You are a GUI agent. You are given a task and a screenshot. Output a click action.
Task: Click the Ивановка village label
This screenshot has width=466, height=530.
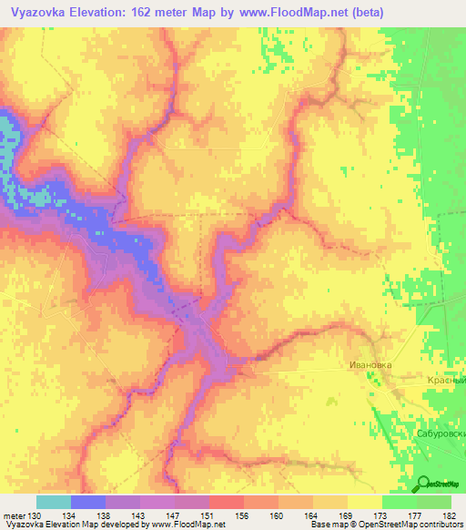pyautogui.click(x=370, y=364)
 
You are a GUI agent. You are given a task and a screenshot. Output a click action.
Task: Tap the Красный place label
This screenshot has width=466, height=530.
pyautogui.click(x=447, y=380)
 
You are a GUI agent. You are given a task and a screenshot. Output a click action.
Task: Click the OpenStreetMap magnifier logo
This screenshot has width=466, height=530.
pyautogui.click(x=423, y=484)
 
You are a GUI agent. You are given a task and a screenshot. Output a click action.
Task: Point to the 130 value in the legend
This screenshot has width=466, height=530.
pyautogui.click(x=35, y=515)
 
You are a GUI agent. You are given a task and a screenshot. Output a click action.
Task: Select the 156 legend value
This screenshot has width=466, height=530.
pyautogui.click(x=244, y=515)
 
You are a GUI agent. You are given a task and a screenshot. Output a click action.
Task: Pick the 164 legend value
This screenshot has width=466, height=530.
pyautogui.click(x=313, y=515)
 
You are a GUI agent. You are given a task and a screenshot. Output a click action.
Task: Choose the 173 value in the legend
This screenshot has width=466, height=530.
pyautogui.click(x=382, y=515)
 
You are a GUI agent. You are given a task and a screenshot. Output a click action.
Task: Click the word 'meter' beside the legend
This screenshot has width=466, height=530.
pyautogui.click(x=15, y=515)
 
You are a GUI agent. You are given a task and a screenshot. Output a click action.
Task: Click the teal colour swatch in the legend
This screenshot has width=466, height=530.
pyautogui.click(x=54, y=502)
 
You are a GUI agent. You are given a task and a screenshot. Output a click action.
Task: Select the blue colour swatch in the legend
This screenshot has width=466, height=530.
pyautogui.click(x=88, y=502)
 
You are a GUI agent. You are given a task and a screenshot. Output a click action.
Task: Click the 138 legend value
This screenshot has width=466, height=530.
pyautogui.click(x=106, y=515)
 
